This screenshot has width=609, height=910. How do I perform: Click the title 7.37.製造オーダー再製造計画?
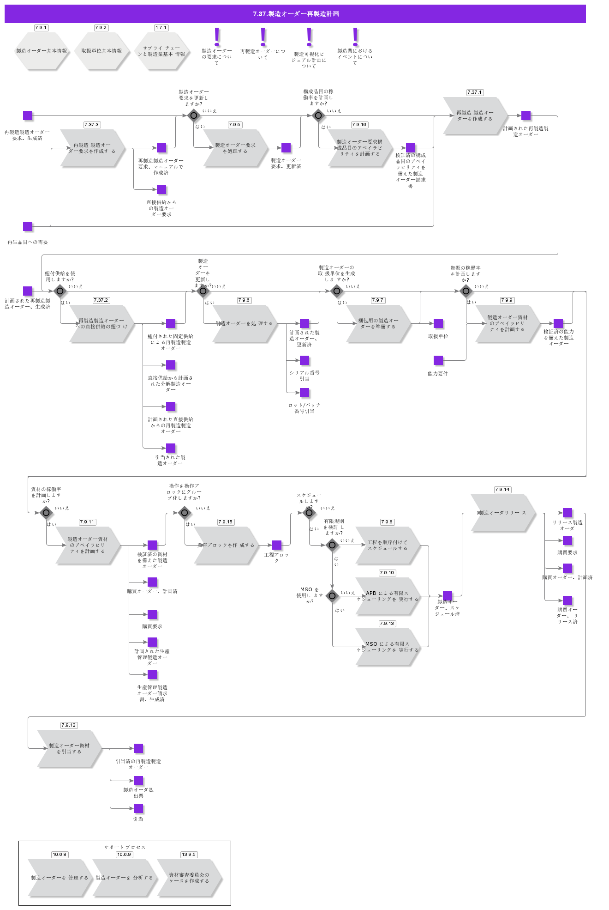(x=295, y=14)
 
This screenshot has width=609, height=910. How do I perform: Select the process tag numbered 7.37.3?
(x=92, y=125)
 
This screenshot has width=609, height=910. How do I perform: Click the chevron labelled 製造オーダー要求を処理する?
(x=235, y=148)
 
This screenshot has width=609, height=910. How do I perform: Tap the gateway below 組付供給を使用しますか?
(x=60, y=291)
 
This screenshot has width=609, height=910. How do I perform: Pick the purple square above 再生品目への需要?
(x=28, y=226)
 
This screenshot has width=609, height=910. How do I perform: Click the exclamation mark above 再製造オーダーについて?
(x=263, y=36)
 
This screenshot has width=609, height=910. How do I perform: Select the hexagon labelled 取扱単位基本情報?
(x=101, y=51)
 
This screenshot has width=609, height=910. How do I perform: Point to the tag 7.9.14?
(x=502, y=490)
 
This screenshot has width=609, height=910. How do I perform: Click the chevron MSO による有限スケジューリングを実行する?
(x=388, y=647)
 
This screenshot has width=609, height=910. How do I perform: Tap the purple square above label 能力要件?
(x=438, y=360)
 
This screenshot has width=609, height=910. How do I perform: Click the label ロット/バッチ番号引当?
(x=304, y=408)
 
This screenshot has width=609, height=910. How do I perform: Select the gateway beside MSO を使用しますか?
(x=332, y=596)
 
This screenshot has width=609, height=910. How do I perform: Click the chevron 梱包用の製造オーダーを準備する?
(x=378, y=324)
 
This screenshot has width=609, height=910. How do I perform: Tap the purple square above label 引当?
(x=138, y=808)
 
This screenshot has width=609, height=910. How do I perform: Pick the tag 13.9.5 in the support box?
(x=188, y=855)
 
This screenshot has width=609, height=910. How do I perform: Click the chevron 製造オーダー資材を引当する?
(x=69, y=749)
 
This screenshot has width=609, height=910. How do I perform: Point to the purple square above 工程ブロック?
(x=277, y=545)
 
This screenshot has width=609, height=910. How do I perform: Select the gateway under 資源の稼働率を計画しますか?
(x=466, y=291)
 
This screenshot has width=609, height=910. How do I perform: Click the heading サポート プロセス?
(x=125, y=847)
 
